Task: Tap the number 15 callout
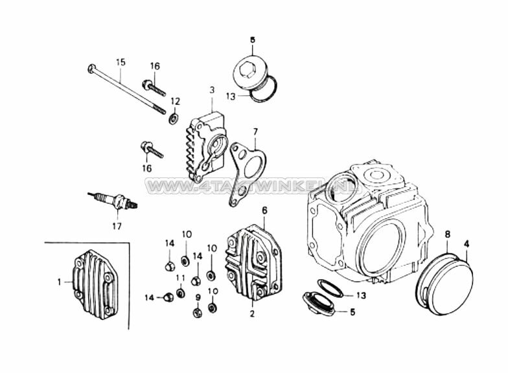121,62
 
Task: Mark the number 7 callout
255,131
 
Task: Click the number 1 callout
60,282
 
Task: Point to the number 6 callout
264,210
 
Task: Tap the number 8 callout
447,232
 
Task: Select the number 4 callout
467,243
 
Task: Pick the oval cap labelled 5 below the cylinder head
320,303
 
